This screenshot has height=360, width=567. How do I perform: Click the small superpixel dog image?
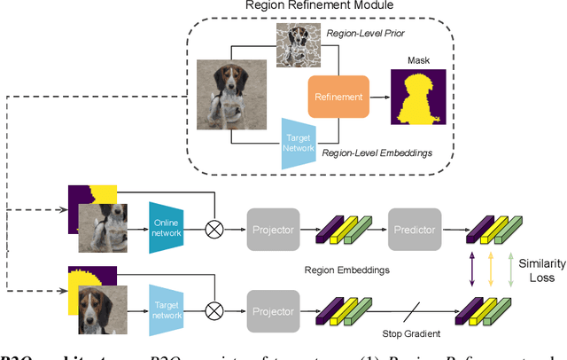point(295,43)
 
